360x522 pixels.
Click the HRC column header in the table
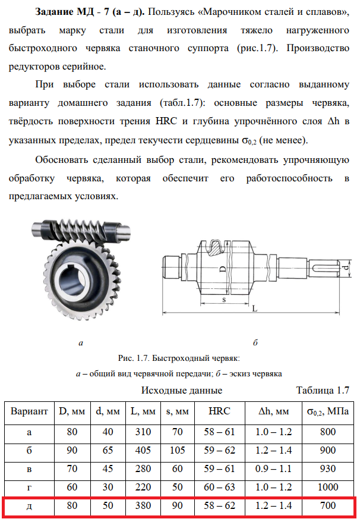[x=219, y=411]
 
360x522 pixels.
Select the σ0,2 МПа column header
[x=328, y=411]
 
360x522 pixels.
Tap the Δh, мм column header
[x=273, y=411]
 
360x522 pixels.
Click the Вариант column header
[x=29, y=411]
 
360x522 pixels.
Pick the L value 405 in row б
[x=143, y=451]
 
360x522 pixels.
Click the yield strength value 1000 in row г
[x=328, y=488]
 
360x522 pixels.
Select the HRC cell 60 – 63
[x=219, y=488]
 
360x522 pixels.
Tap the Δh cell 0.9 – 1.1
[x=273, y=469]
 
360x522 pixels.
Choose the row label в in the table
[x=29, y=469]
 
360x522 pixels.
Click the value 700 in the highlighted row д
[x=328, y=506]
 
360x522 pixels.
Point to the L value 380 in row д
[x=143, y=506]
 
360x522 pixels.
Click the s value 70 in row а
[x=178, y=432]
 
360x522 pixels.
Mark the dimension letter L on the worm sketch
[x=254, y=309]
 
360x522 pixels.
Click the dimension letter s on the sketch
[x=223, y=299]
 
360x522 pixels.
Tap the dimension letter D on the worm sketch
[x=222, y=269]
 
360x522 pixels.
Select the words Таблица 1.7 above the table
[x=322, y=391]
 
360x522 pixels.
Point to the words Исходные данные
[x=181, y=391]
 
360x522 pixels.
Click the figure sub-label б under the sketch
[x=254, y=343]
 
